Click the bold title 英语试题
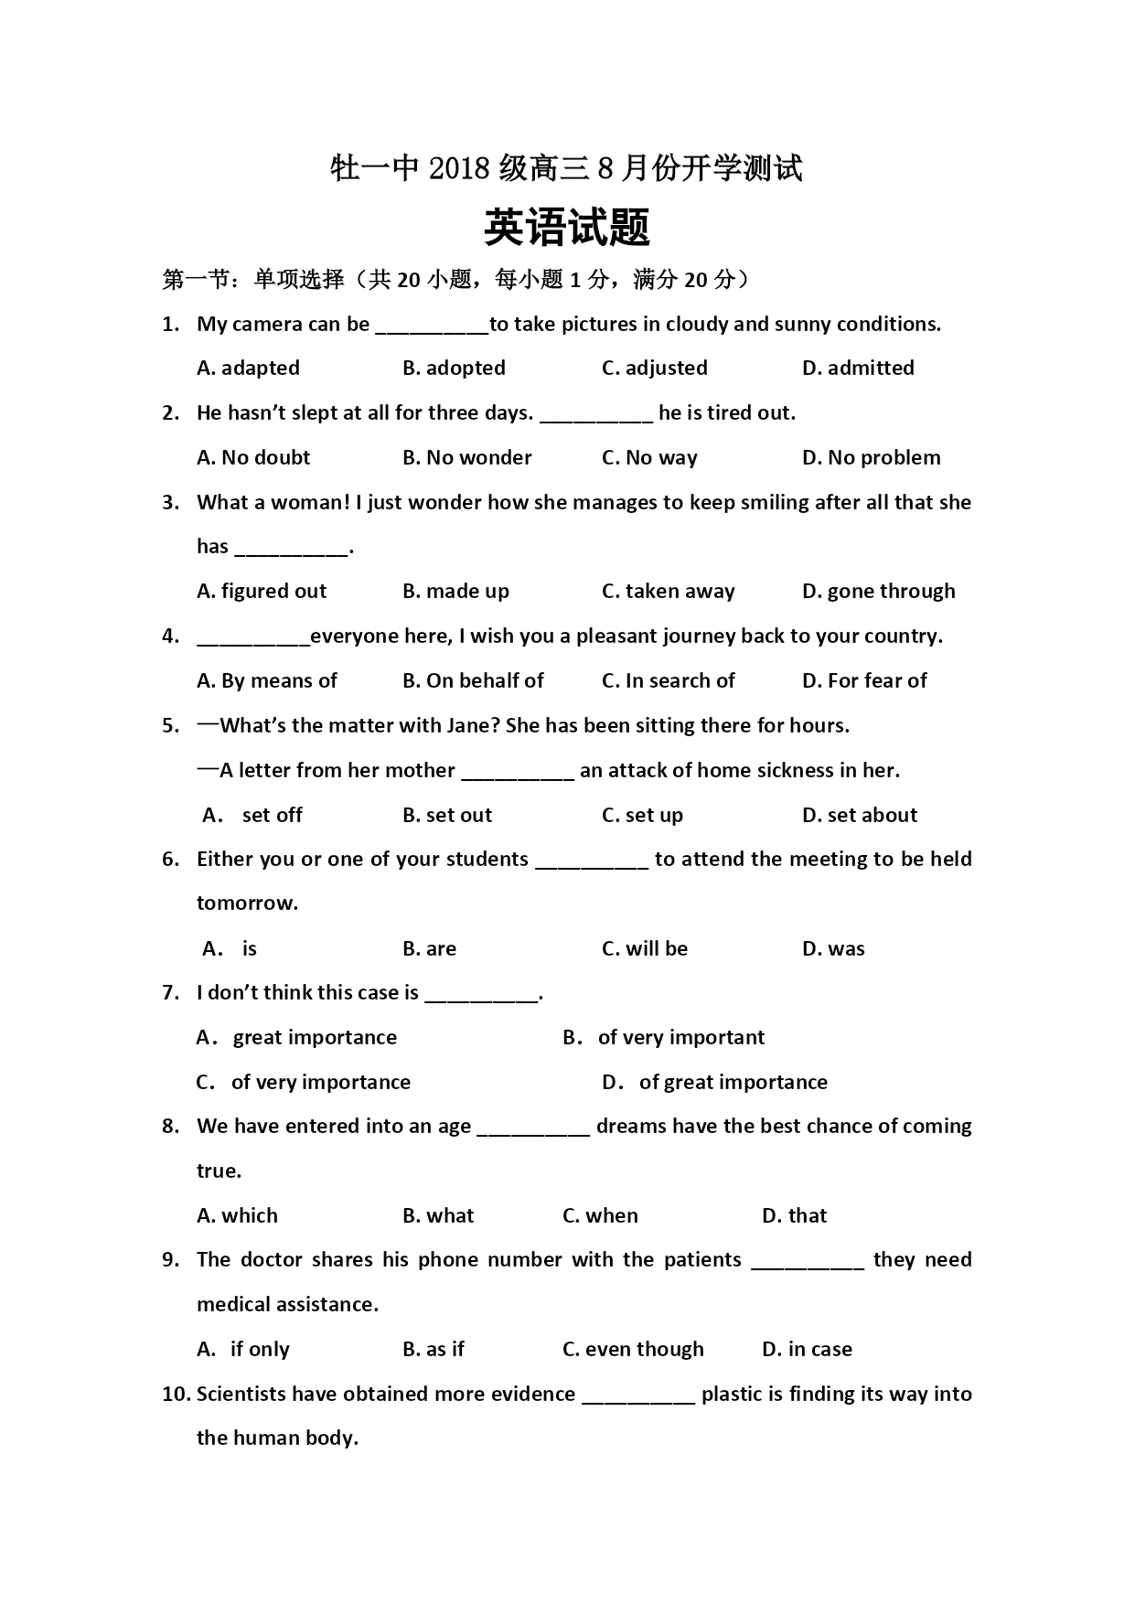[x=566, y=228]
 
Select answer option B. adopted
[x=454, y=368]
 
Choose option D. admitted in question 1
[x=857, y=368]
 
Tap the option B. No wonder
[x=466, y=457]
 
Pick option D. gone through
[x=878, y=591]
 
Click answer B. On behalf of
[x=473, y=680]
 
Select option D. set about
[x=859, y=815]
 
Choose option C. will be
[x=644, y=948]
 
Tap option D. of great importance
[x=714, y=1082]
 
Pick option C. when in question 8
[x=600, y=1215]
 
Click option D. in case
[x=807, y=1349]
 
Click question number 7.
[x=170, y=992]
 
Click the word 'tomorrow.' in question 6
[x=247, y=903]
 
